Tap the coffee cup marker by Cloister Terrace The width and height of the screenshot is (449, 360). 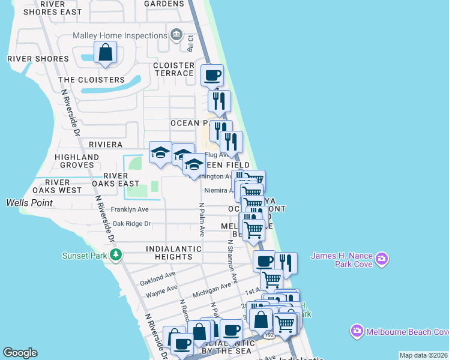click(x=212, y=76)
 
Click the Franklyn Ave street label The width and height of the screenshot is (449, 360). click(x=130, y=210)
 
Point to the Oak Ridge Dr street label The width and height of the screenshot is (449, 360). click(x=131, y=224)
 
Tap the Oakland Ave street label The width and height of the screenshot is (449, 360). click(x=157, y=278)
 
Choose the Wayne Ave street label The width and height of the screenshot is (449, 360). click(x=160, y=292)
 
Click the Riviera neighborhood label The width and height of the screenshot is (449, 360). click(x=106, y=145)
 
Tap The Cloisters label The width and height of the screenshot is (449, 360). click(x=91, y=80)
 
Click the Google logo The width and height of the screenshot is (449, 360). click(x=20, y=353)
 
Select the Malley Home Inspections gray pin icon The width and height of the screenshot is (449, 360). click(x=175, y=34)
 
